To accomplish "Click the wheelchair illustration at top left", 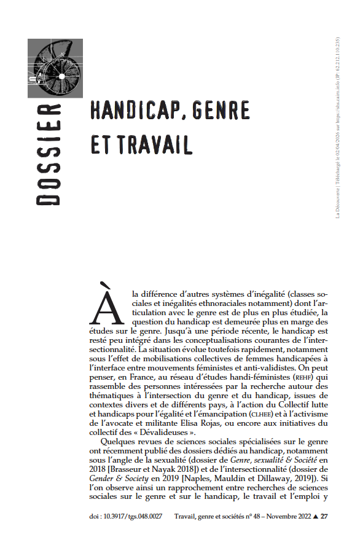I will click(x=55, y=68).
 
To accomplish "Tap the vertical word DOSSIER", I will click(x=51, y=154).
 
